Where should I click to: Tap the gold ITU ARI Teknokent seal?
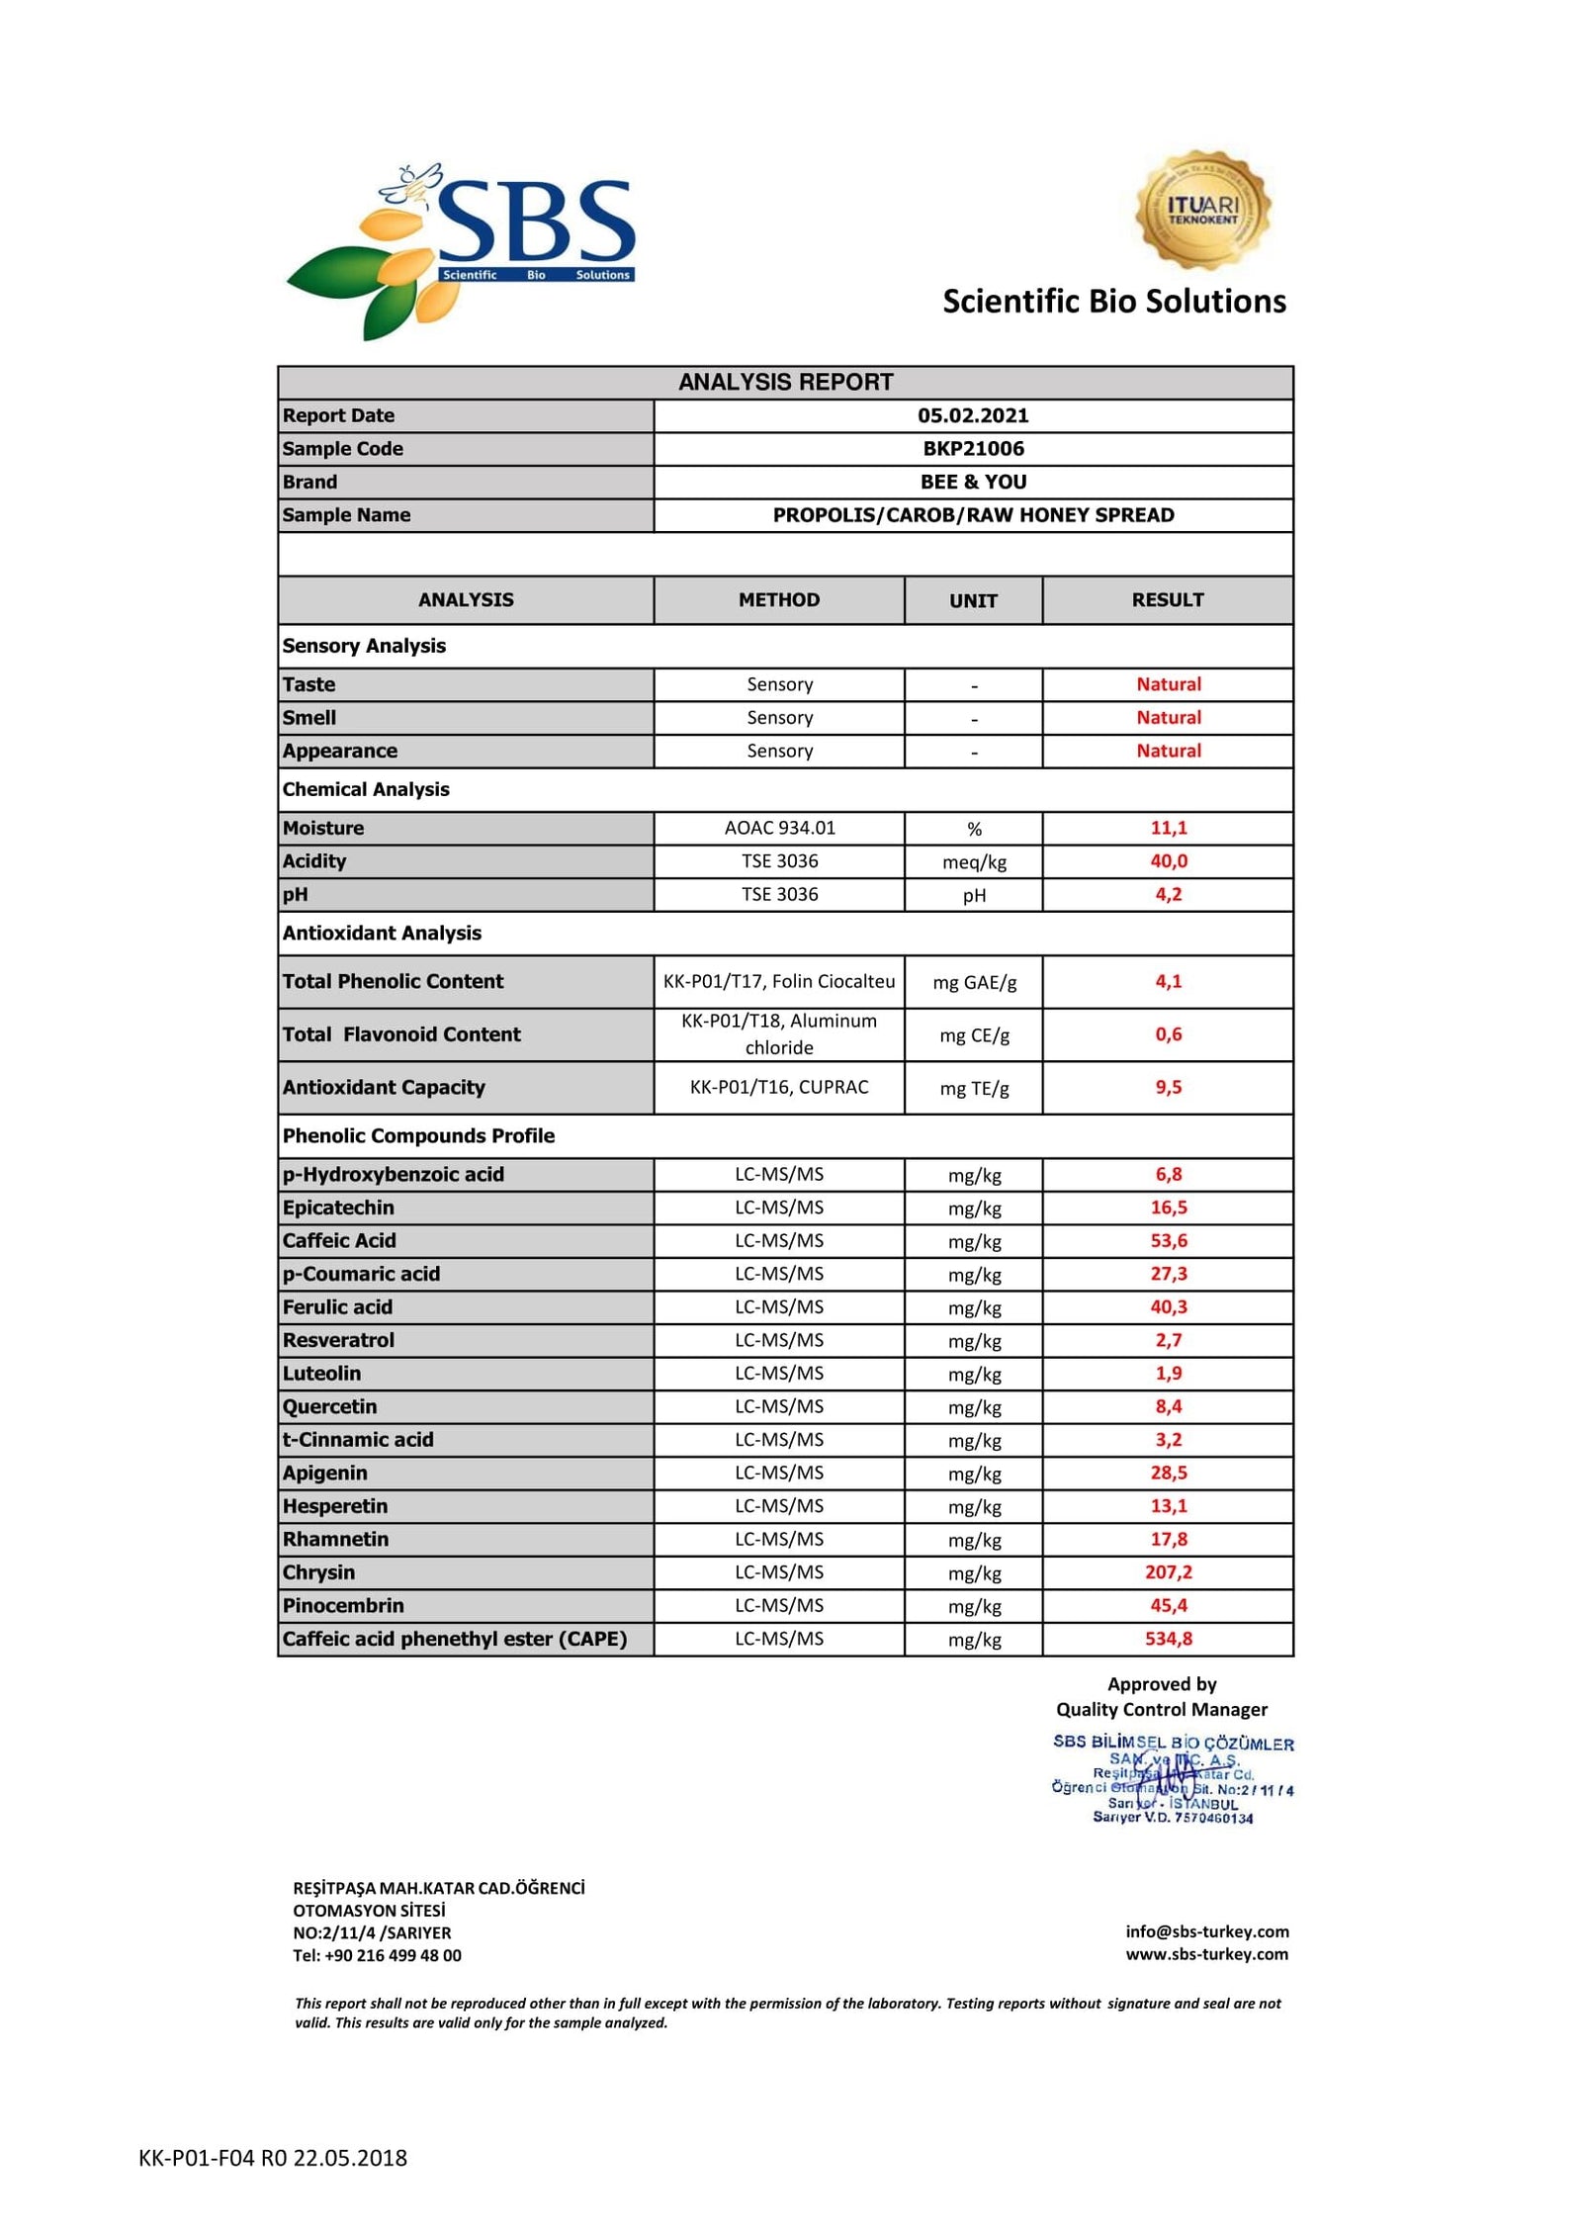point(1202,211)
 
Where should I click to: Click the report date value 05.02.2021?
point(972,415)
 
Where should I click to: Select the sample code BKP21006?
point(972,449)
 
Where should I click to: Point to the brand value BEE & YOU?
point(972,482)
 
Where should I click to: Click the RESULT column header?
point(1167,600)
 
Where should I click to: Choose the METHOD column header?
point(778,600)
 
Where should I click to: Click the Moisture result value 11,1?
point(1168,828)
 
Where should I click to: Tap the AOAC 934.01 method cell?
point(778,828)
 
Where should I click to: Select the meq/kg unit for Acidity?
point(973,862)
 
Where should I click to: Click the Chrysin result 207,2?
point(1168,1572)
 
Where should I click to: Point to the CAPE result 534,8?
point(1168,1639)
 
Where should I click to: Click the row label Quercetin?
point(329,1406)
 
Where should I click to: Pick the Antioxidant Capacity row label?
point(384,1088)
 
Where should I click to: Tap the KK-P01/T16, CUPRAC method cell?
point(778,1088)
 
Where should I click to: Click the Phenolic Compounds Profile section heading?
point(418,1136)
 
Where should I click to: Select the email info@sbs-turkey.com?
point(1206,1931)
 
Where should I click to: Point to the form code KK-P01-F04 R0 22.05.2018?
point(273,2158)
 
